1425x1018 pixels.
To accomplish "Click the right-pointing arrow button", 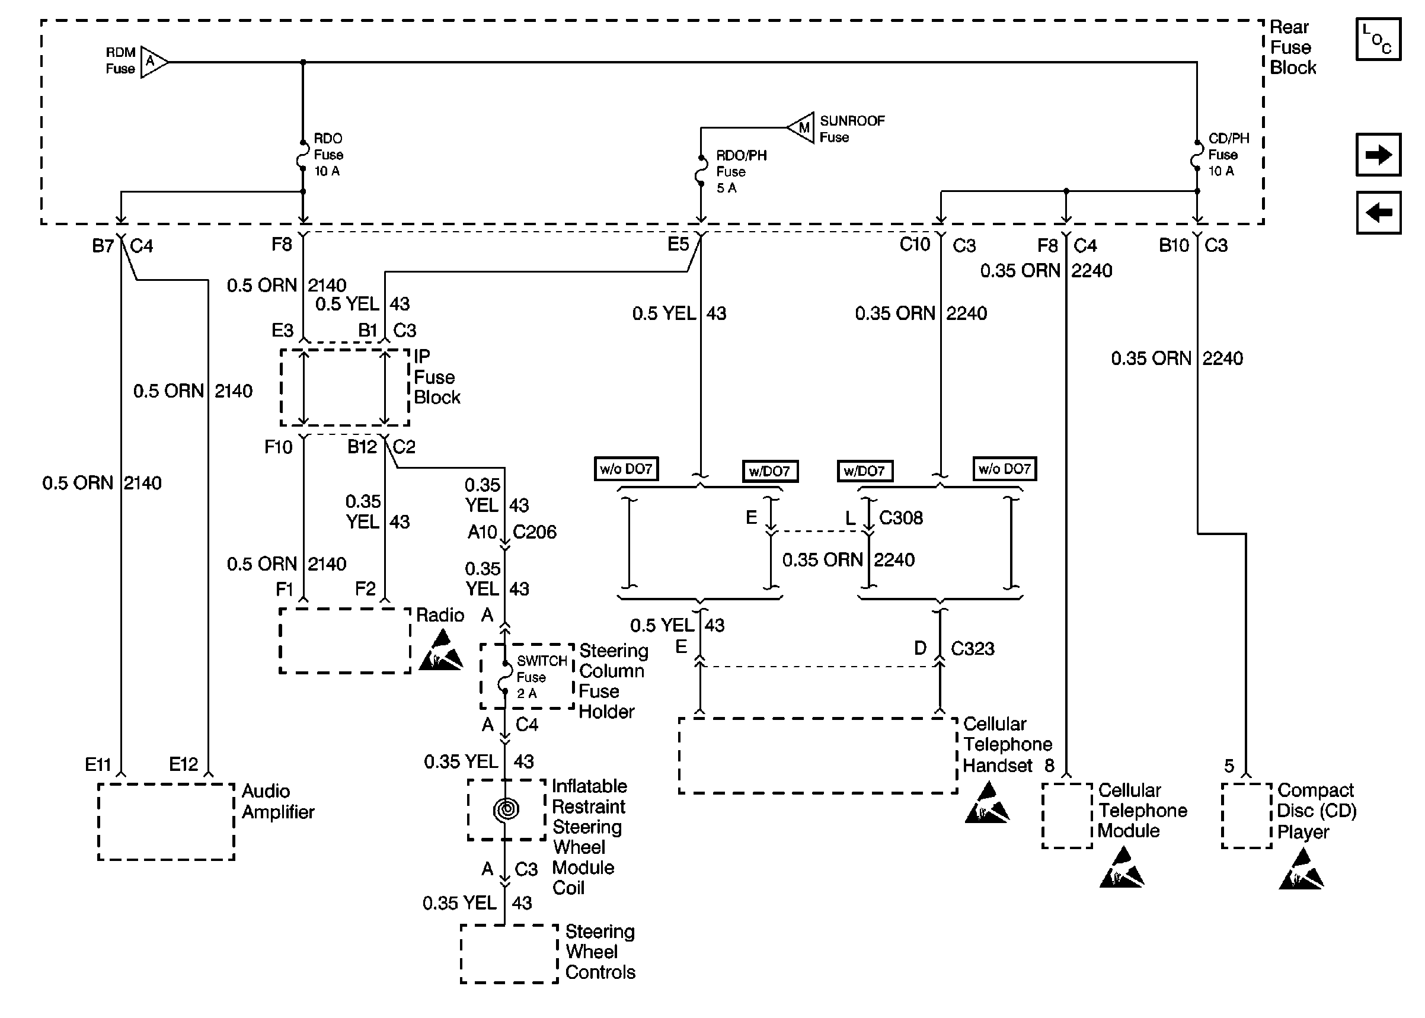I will pos(1378,154).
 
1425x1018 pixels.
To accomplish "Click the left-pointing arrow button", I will pos(1378,213).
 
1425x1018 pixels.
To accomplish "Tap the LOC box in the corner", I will pos(1378,39).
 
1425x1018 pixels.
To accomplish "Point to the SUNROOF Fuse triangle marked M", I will pos(801,128).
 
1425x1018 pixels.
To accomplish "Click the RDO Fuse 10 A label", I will pos(328,155).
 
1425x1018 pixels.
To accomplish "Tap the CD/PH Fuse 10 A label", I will pos(1228,155).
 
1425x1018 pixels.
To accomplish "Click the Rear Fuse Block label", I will pos(1292,47).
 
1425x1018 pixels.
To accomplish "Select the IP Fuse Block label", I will pos(436,377).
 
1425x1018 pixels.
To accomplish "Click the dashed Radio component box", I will pos(345,641).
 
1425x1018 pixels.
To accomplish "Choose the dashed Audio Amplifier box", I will pos(166,822).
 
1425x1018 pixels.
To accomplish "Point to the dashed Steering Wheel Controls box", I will pos(509,953).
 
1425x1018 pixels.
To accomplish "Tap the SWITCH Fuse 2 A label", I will pos(541,677).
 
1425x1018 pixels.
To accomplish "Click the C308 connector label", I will pos(900,518).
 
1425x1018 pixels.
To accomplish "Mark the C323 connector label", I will pos(972,649).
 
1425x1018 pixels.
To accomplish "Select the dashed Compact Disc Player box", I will pos(1247,815).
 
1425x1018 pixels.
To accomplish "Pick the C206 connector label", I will pos(534,532).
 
